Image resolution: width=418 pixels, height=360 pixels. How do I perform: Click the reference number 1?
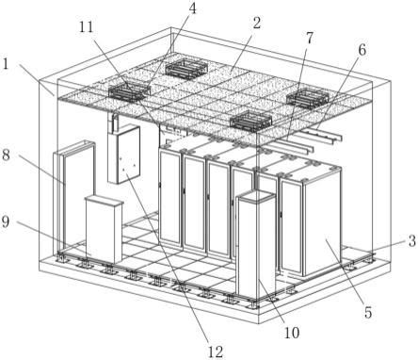tap(6, 64)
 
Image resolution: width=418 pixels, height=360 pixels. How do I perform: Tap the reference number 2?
tap(257, 23)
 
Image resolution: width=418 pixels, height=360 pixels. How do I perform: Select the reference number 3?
tap(411, 241)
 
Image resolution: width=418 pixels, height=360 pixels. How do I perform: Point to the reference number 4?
tap(192, 8)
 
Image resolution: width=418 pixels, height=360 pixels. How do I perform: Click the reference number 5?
tap(368, 313)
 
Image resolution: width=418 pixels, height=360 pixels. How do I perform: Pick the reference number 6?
tap(362, 50)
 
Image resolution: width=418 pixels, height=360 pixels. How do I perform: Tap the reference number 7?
tap(310, 38)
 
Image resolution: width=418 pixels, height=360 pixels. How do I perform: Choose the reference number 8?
tap(6, 155)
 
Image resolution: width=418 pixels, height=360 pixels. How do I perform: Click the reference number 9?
tap(6, 221)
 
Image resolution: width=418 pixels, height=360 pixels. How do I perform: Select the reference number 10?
tap(292, 333)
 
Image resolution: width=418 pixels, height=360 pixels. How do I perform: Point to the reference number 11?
tap(87, 27)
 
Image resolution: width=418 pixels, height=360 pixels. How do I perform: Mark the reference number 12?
tap(216, 352)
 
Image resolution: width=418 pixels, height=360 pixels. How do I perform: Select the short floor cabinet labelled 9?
tap(104, 229)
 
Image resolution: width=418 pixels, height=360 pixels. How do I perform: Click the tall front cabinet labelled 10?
tap(256, 243)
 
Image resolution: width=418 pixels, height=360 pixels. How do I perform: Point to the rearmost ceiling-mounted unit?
tap(186, 69)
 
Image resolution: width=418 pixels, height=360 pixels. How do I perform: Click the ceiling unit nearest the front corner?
tap(250, 121)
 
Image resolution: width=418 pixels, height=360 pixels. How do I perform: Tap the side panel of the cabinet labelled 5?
tap(322, 223)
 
